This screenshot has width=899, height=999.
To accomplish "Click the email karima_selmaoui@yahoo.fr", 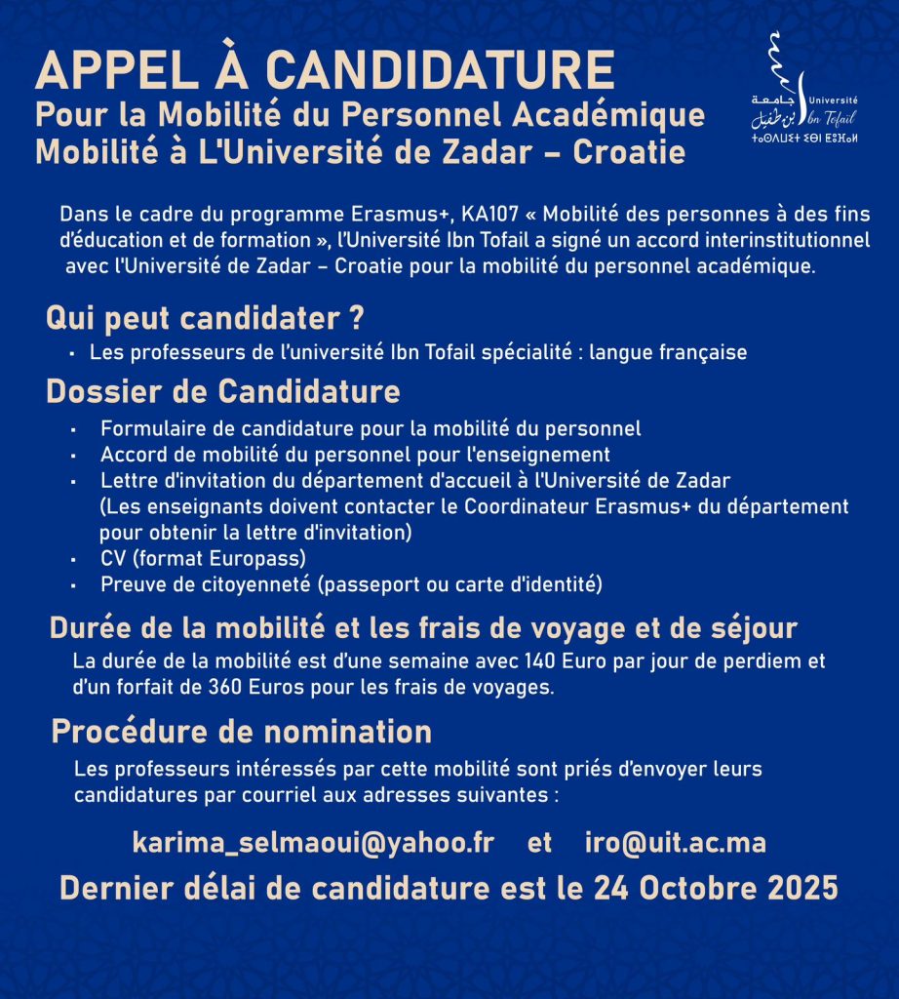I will [x=313, y=843].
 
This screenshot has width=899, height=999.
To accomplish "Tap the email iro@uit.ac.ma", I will [x=675, y=843].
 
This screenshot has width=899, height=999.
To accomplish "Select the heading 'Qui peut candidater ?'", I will [x=206, y=319].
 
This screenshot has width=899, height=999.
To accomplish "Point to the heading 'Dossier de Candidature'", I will [x=223, y=391].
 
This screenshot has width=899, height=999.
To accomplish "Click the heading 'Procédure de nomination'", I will [x=241, y=731].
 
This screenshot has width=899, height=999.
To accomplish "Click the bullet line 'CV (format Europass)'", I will [x=203, y=559].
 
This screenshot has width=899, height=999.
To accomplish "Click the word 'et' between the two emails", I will [x=539, y=843].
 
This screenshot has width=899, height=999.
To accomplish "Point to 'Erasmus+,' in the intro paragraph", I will [x=404, y=214].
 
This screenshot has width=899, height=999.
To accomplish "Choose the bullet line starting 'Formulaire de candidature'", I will [x=371, y=428].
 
